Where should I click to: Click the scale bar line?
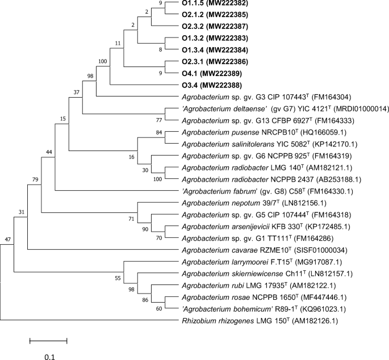pos(48,341)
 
